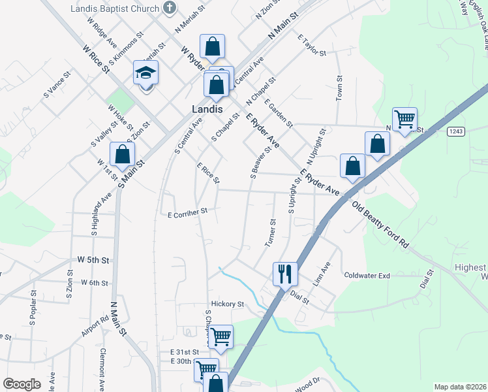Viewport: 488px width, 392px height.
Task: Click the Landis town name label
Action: pos(207,109)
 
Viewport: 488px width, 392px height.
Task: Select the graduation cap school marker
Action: pos(146,73)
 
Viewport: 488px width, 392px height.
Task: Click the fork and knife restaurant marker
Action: pos(284,273)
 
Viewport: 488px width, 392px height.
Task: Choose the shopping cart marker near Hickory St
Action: pos(221,337)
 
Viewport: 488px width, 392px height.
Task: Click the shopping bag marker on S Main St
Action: pos(122,154)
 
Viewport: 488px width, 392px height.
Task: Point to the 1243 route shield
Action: pos(455,131)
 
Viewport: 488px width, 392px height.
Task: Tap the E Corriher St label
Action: pos(187,212)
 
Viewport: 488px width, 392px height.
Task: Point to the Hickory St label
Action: pos(227,304)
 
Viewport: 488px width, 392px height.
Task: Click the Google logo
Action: pos(22,384)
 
